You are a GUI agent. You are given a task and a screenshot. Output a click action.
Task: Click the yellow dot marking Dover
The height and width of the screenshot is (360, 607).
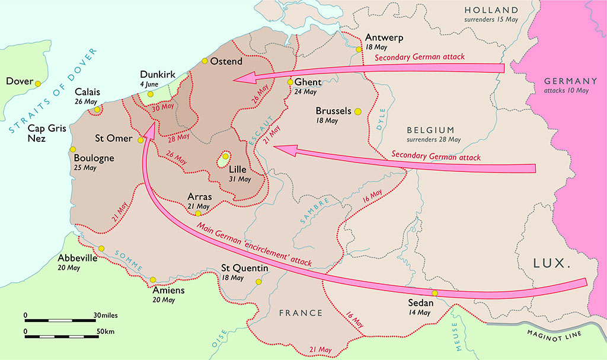[38, 84]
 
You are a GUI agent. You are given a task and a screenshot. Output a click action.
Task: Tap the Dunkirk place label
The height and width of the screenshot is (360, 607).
[157, 74]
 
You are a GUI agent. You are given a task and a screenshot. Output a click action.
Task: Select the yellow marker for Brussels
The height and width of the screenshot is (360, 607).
[357, 111]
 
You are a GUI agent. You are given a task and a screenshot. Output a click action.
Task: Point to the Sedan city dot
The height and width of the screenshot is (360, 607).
[435, 293]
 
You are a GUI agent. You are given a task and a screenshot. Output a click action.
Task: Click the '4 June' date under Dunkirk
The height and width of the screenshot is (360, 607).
[149, 84]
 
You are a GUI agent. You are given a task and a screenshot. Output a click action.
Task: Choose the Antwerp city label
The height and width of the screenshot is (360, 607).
[384, 37]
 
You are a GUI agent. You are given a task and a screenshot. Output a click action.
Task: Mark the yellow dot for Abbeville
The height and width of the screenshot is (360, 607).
[101, 249]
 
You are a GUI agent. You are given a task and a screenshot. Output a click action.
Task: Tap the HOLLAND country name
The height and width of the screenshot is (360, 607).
[491, 10]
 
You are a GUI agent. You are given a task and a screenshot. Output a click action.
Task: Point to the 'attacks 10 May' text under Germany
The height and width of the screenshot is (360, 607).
[567, 91]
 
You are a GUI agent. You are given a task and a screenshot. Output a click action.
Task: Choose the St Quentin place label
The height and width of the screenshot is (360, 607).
[245, 268]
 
